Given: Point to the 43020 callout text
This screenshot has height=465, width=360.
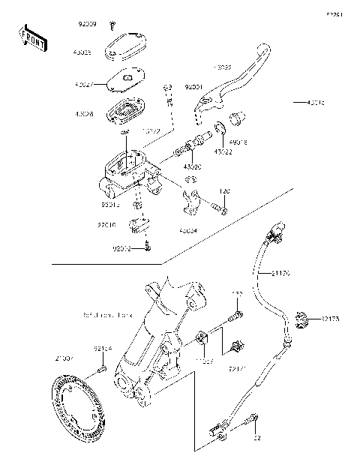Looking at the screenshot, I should point(193,166).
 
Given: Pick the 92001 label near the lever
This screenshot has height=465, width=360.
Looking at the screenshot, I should point(193,87).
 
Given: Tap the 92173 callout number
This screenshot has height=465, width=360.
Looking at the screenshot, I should point(331,319).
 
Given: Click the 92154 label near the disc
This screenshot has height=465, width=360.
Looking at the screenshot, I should point(103,348).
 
